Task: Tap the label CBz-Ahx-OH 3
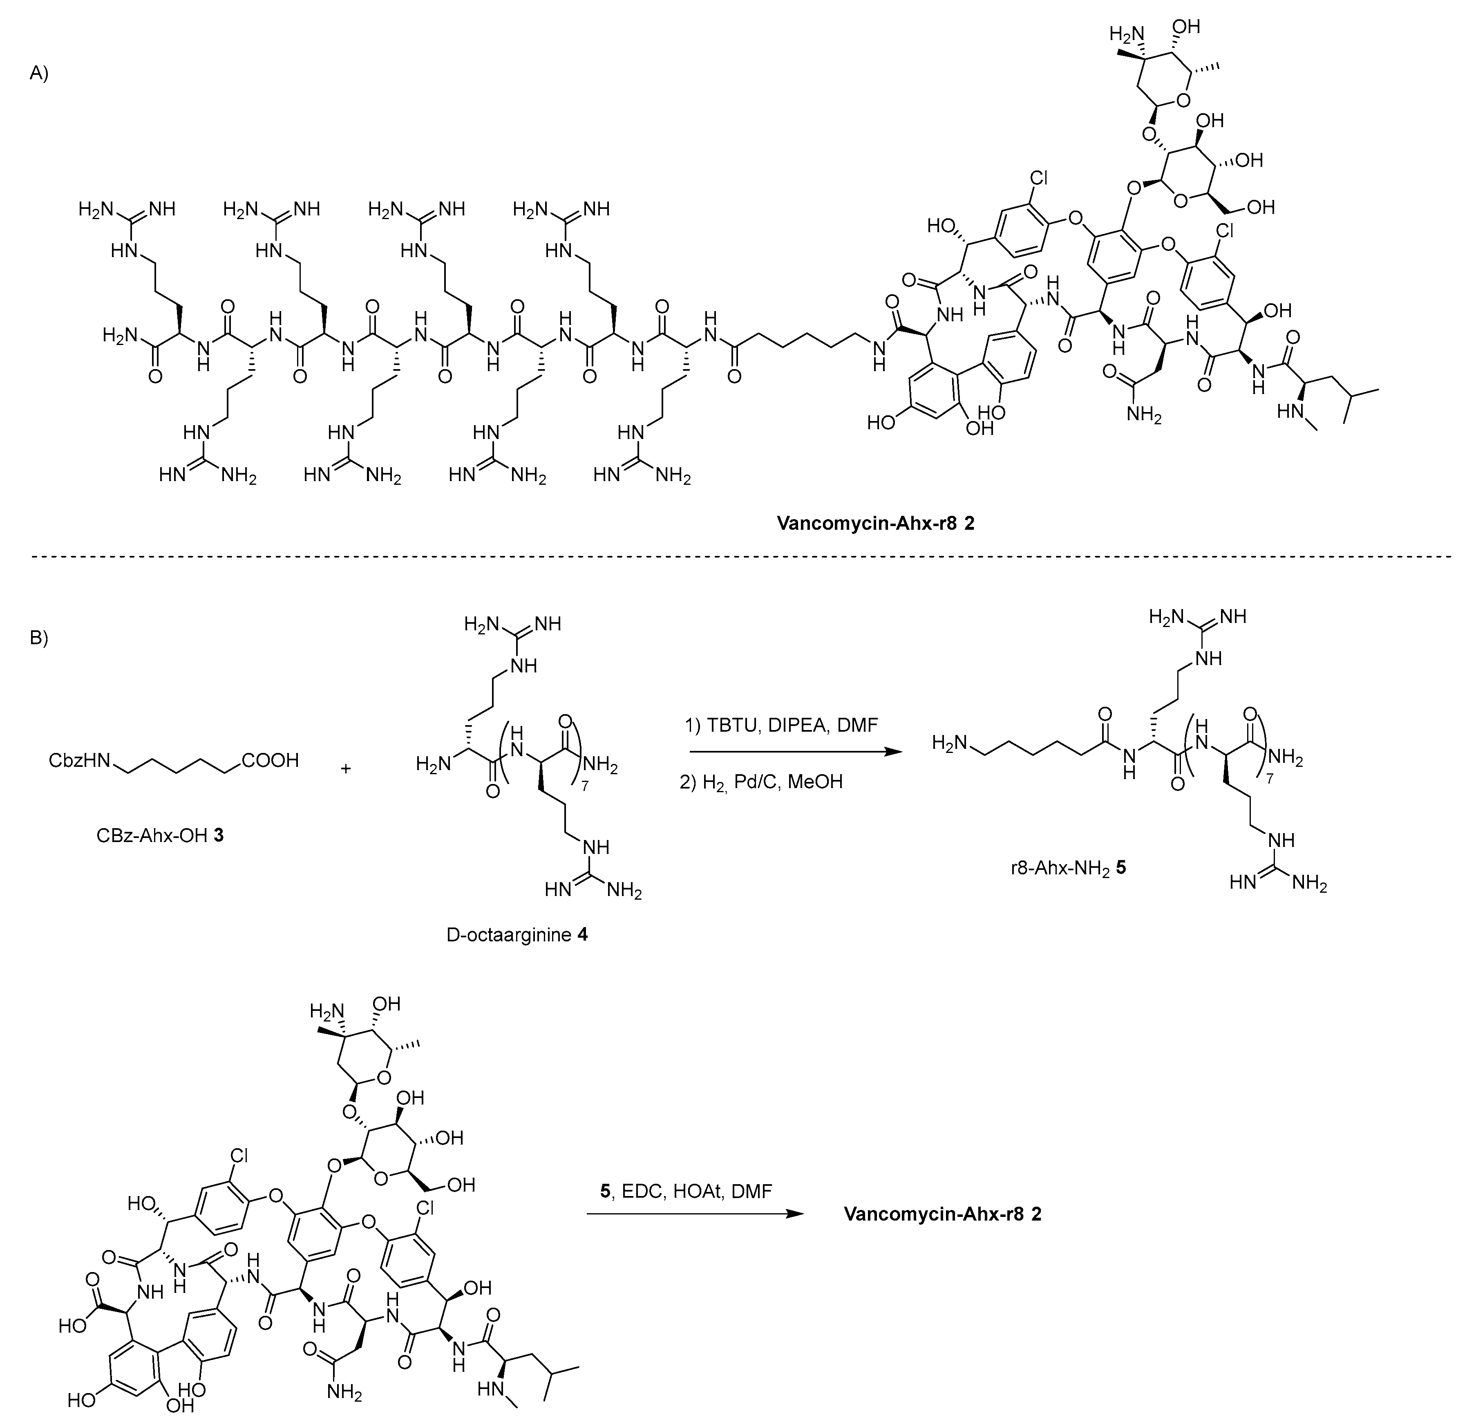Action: coord(160,834)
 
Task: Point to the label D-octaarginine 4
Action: coord(517,935)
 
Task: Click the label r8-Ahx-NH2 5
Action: coord(1068,868)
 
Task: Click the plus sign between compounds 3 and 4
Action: coord(346,768)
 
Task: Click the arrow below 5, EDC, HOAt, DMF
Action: coord(689,1214)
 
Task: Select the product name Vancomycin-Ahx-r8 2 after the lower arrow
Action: coord(943,1214)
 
